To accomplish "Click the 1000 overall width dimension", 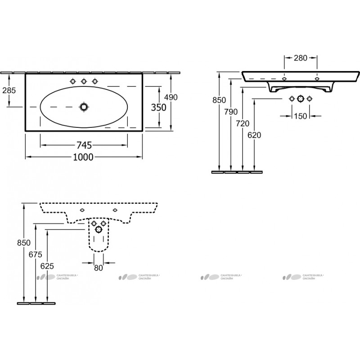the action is [x=83, y=157].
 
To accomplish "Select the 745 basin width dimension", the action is [x=84, y=145].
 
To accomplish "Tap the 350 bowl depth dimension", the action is [x=159, y=107].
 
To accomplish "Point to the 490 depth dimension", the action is [x=171, y=97].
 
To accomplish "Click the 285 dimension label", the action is [x=9, y=90].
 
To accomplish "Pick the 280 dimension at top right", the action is [x=301, y=58].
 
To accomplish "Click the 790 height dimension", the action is [x=231, y=112].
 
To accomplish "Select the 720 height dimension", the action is [x=243, y=123].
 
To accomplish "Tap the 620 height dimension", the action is [x=254, y=135].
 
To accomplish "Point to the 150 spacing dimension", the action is [x=301, y=116].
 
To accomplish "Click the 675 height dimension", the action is [x=36, y=254].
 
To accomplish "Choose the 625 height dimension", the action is [x=47, y=266].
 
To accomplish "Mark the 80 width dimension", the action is [x=99, y=268].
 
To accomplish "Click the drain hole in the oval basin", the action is [x=84, y=107].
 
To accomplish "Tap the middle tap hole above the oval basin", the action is [x=84, y=81].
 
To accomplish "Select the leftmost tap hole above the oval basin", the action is [x=73, y=81].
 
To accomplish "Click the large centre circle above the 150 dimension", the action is [x=301, y=99].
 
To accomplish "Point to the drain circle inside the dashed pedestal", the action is [x=99, y=229].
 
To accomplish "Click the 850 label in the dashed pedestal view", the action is [x=24, y=243].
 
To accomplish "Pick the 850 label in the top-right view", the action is [x=219, y=100].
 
